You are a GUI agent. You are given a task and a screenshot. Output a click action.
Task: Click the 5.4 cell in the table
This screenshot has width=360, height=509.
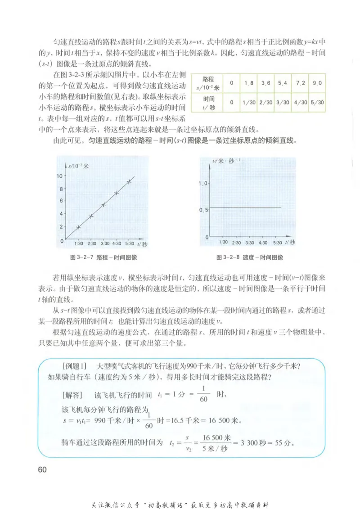click(283, 84)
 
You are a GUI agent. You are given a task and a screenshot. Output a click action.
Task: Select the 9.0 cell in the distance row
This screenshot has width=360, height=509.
click(318, 84)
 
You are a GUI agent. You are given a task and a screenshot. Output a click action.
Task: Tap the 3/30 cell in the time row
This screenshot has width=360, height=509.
click(283, 103)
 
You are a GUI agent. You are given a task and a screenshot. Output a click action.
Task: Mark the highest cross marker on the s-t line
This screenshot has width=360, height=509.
click(129, 181)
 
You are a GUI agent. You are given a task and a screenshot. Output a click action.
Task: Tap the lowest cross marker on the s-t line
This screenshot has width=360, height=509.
click(78, 227)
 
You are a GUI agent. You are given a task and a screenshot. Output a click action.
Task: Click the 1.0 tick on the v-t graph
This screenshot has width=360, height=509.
click(203, 184)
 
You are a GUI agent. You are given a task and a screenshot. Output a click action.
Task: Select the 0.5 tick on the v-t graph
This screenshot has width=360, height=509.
click(203, 210)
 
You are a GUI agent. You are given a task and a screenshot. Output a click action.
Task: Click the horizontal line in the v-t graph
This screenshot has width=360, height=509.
click(245, 207)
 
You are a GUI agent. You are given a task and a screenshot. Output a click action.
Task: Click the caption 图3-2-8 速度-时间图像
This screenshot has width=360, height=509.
click(249, 257)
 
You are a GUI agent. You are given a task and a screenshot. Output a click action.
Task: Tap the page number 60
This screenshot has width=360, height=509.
click(42, 469)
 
